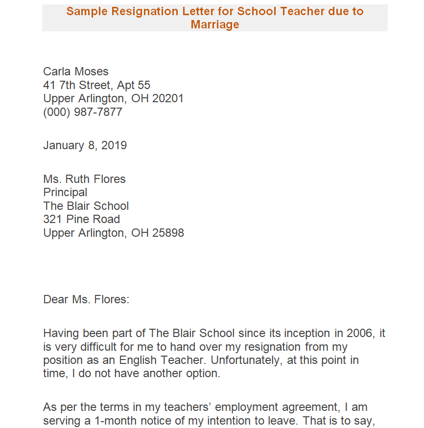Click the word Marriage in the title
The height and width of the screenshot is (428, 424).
tap(215, 24)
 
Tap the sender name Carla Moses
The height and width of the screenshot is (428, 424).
tap(76, 72)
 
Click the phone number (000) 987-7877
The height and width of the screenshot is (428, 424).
tap(83, 112)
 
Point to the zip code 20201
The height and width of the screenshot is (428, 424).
tap(168, 99)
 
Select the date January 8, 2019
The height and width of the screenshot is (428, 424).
tap(85, 145)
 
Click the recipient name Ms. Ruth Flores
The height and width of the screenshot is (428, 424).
tap(84, 179)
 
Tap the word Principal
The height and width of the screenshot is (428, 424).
tap(65, 192)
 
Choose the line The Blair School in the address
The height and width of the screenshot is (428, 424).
tap(86, 206)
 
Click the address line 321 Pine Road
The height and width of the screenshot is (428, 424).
tap(81, 219)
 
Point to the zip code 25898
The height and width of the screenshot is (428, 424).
tap(168, 233)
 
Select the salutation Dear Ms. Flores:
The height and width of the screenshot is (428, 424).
tap(86, 299)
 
